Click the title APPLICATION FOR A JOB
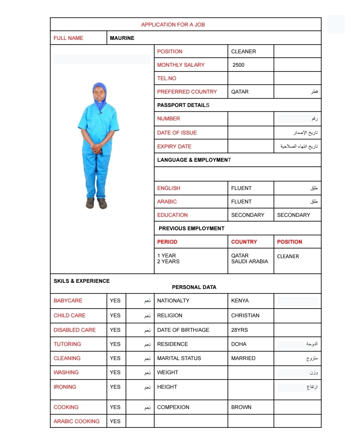tap(173, 25)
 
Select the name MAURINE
tap(122, 38)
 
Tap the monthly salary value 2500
tap(238, 65)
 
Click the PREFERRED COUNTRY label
tap(187, 92)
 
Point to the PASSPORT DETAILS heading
tap(183, 105)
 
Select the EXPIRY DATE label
tap(174, 146)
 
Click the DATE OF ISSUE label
tap(177, 133)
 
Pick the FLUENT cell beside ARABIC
tap(241, 202)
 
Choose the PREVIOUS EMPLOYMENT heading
tap(191, 228)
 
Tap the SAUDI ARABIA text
tap(249, 261)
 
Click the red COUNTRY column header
tap(244, 242)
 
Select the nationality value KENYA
tap(240, 301)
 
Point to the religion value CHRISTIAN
tap(245, 315)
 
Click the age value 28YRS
tap(240, 330)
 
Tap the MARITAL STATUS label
tap(179, 358)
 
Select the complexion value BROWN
tap(241, 407)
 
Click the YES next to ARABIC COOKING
tap(115, 421)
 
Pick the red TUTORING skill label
tap(67, 344)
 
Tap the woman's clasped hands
tap(97, 148)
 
